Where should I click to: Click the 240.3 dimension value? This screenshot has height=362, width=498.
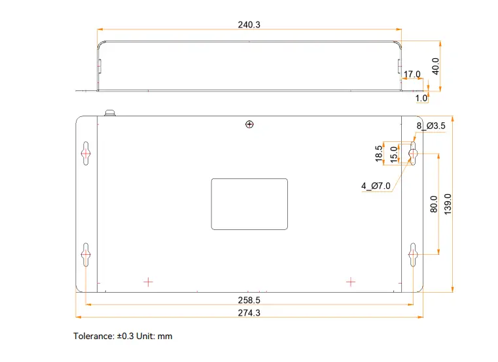tap(249, 24)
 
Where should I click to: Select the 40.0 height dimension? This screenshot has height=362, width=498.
tap(435, 66)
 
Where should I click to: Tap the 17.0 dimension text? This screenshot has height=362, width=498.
tap(412, 74)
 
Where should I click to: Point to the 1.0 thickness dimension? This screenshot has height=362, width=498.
tap(421, 98)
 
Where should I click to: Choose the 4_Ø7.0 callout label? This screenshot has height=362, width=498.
tap(376, 186)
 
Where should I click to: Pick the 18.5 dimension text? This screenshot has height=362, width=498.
tap(379, 154)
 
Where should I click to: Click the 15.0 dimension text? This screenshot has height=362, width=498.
tap(393, 155)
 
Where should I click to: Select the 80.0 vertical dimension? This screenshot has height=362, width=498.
tap(433, 205)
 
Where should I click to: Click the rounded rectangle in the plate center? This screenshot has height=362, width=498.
tap(249, 204)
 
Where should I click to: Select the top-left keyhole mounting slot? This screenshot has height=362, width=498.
tap(86, 153)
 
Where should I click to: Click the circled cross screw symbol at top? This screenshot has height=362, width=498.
tap(249, 124)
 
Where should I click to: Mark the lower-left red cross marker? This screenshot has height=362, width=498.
tap(149, 282)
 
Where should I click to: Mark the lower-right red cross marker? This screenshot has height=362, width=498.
tap(351, 282)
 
